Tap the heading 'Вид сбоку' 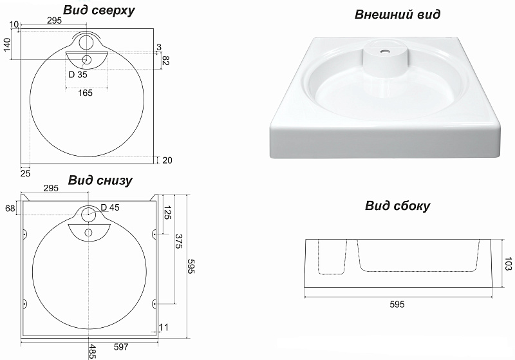[x=398, y=206]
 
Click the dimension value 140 [x=7, y=46]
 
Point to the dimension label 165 [x=85, y=93]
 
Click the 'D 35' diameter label [x=78, y=73]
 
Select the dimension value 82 [x=165, y=61]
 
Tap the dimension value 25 [x=25, y=173]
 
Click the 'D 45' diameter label [x=111, y=207]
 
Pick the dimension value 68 [x=10, y=208]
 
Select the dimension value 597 [x=121, y=347]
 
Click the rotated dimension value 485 [x=93, y=351]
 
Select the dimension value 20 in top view [x=168, y=160]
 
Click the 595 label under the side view [x=397, y=305]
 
